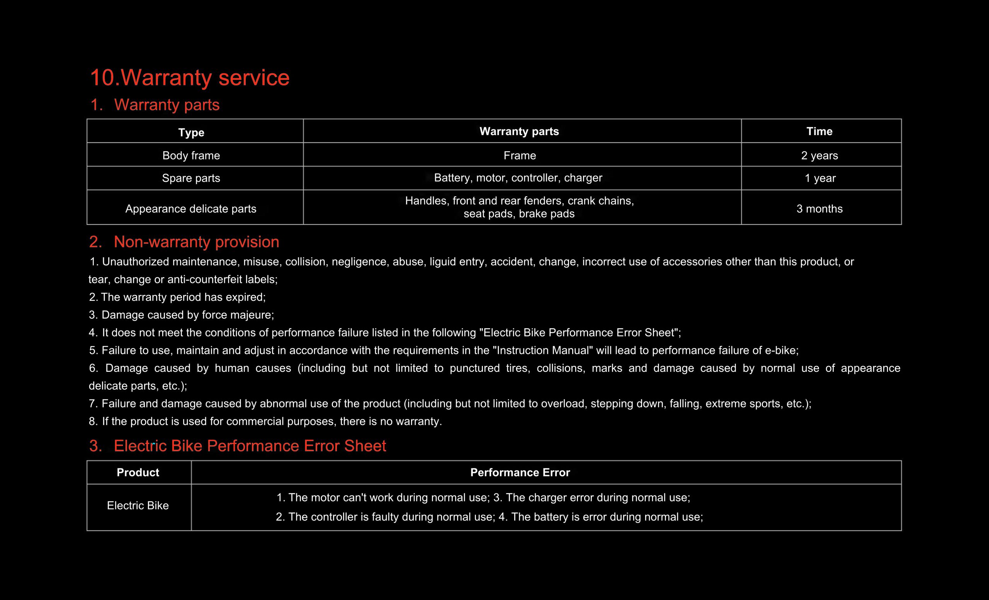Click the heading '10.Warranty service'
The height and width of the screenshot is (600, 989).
(x=189, y=77)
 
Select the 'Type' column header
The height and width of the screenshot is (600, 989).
(x=191, y=132)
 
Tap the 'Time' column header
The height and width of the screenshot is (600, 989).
(x=819, y=131)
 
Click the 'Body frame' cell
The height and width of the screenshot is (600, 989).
(x=191, y=155)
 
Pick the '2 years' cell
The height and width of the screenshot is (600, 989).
(x=819, y=155)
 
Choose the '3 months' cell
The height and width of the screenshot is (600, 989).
(x=819, y=208)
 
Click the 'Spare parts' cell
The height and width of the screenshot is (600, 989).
(x=191, y=178)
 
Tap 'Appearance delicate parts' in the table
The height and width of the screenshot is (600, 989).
(x=191, y=208)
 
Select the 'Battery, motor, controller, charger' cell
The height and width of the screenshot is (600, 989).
(x=518, y=178)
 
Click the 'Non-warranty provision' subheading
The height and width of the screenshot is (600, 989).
(x=196, y=242)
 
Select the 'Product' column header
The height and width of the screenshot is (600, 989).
(x=138, y=473)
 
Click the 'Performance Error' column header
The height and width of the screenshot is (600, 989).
(x=520, y=473)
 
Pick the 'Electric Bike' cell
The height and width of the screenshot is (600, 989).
(x=138, y=505)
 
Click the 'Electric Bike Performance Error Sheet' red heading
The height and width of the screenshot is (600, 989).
(x=250, y=446)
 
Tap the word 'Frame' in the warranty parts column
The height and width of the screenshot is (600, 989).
(x=519, y=155)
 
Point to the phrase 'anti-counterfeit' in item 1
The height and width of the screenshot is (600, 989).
(x=203, y=279)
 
